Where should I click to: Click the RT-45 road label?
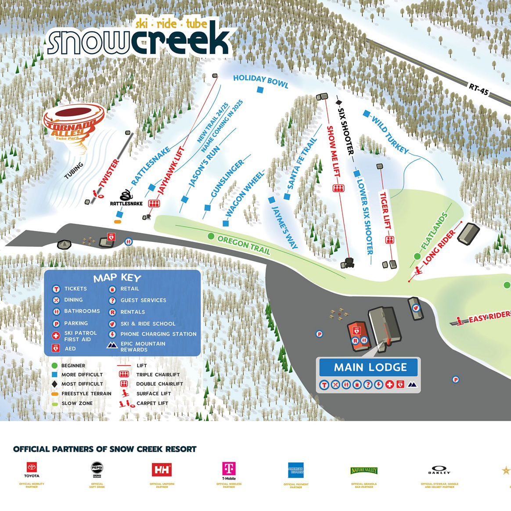[478, 90]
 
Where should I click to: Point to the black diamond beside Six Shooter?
[338, 102]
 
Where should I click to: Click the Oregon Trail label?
[244, 245]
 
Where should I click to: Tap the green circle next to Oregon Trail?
[211, 237]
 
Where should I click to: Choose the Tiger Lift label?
[385, 210]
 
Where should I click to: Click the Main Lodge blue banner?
[370, 367]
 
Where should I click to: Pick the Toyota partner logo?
[32, 469]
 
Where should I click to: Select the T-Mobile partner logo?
[229, 470]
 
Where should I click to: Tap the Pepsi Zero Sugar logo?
[97, 469]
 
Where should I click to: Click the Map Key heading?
[117, 278]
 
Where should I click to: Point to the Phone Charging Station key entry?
[158, 334]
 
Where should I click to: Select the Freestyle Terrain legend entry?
[86, 394]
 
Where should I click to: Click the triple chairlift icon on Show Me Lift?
[338, 188]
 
